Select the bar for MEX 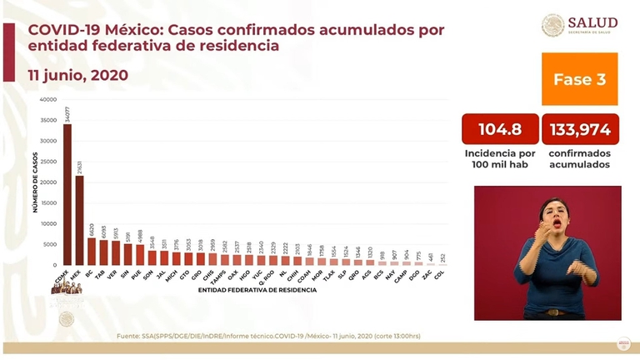[79, 220]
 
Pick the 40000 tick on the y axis [48, 99]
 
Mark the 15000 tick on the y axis [48, 202]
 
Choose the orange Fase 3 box [579, 79]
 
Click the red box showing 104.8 [499, 129]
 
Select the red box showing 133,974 [579, 129]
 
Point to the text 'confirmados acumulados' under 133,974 [579, 159]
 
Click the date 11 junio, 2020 [78, 75]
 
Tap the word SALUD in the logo [592, 22]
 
